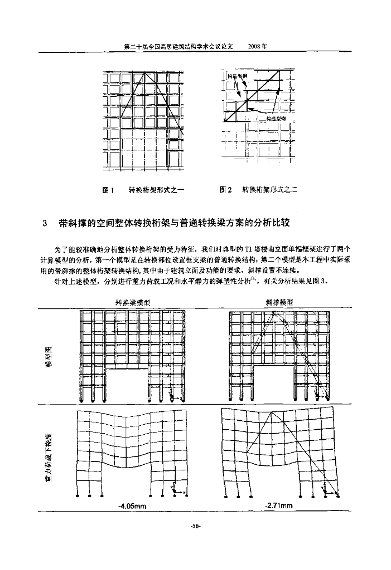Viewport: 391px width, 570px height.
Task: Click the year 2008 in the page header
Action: [257, 47]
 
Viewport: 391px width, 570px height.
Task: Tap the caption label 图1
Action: [109, 190]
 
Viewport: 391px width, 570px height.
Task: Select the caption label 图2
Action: [226, 190]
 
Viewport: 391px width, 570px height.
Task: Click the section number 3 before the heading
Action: [45, 224]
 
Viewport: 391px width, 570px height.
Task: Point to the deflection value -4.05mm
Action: [132, 505]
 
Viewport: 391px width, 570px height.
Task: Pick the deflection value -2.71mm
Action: [279, 505]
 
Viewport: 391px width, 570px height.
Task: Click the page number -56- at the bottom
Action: [195, 526]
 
